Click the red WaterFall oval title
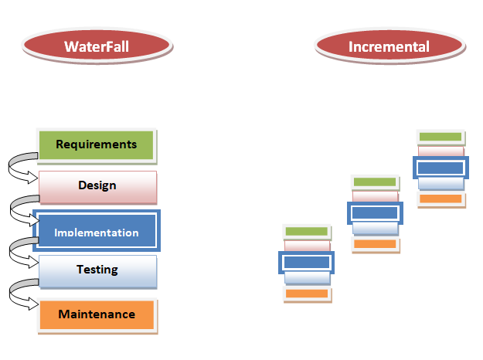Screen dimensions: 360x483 (x=97, y=46)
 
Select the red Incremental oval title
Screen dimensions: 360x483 (x=389, y=46)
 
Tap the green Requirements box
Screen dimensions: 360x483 (x=97, y=144)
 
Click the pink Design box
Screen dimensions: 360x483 (x=97, y=186)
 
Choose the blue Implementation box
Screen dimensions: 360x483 (x=97, y=232)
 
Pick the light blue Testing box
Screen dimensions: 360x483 (x=97, y=270)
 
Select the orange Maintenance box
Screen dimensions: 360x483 (x=97, y=314)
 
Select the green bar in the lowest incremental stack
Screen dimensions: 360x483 (x=306, y=231)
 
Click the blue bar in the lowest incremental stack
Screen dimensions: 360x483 (x=306, y=263)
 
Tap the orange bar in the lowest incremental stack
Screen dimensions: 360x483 (x=306, y=294)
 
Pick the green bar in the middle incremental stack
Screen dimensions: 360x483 (x=375, y=182)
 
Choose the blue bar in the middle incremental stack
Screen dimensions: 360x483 (x=375, y=212)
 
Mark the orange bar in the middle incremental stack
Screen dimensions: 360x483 (x=375, y=244)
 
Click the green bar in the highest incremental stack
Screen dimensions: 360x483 (x=440, y=138)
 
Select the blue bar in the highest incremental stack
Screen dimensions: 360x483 (x=440, y=168)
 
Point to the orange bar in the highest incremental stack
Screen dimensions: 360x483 (x=440, y=199)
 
